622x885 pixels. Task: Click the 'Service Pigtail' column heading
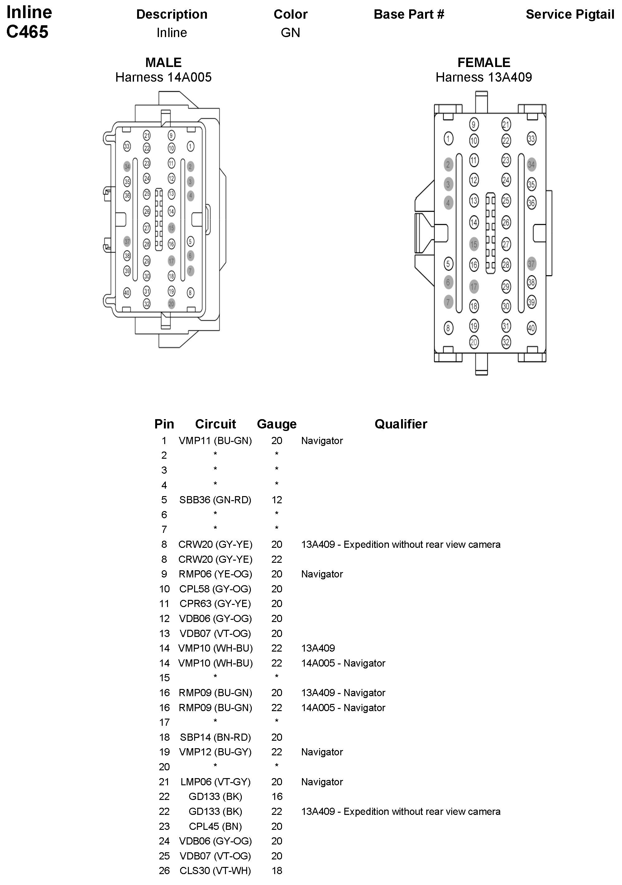point(570,15)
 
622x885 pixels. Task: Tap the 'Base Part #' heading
point(409,15)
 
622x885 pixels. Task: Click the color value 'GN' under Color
point(290,33)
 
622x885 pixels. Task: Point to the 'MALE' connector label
point(163,62)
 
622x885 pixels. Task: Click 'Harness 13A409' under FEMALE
point(484,77)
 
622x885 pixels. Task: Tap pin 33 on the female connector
point(531,139)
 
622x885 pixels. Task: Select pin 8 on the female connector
point(448,328)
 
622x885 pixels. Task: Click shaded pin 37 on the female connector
point(531,264)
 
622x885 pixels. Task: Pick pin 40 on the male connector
point(127,293)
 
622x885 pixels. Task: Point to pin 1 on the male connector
point(190,146)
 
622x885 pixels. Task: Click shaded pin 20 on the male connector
point(171,304)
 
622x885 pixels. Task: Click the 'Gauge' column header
point(277,424)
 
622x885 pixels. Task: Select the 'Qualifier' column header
point(401,424)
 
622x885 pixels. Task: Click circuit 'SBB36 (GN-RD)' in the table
point(215,500)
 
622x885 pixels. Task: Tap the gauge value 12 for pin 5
point(277,500)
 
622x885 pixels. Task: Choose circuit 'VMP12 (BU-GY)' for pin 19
point(215,752)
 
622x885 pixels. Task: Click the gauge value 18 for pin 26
point(277,871)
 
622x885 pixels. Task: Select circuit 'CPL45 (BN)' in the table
point(215,826)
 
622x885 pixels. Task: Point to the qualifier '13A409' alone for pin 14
point(318,648)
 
